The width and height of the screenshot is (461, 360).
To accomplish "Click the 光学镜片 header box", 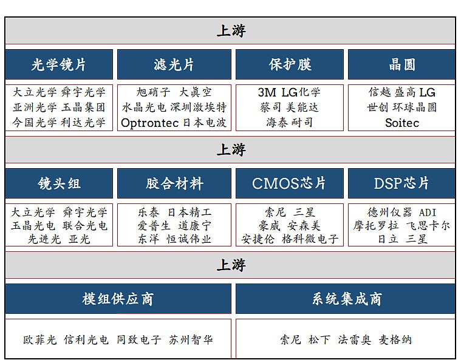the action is pyautogui.click(x=59, y=64).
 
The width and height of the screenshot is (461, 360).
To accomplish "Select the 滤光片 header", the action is pyautogui.click(x=174, y=64).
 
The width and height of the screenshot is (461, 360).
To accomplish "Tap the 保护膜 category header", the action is pyautogui.click(x=290, y=64).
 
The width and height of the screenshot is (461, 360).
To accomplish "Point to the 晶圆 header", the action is pyautogui.click(x=401, y=64).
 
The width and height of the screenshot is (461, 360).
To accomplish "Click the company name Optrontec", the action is pyautogui.click(x=149, y=123).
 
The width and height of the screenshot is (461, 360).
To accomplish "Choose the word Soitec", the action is pyautogui.click(x=402, y=123).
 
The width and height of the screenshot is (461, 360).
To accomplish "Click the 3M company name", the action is pyautogui.click(x=267, y=92).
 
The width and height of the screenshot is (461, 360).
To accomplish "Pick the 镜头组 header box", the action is pyautogui.click(x=59, y=183).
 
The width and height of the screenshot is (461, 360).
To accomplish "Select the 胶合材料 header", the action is pyautogui.click(x=174, y=183).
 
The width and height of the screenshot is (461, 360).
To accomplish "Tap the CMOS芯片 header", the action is pyautogui.click(x=290, y=183).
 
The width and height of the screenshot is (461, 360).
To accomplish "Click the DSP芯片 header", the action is pyautogui.click(x=401, y=183).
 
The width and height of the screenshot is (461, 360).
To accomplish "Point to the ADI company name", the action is pyautogui.click(x=428, y=212).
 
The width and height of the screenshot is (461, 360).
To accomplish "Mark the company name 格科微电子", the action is pyautogui.click(x=310, y=239).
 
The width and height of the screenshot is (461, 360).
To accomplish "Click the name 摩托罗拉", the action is pyautogui.click(x=376, y=226).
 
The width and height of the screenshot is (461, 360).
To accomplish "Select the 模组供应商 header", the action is pyautogui.click(x=118, y=299).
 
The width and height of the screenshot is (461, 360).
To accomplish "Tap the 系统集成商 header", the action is pyautogui.click(x=346, y=299).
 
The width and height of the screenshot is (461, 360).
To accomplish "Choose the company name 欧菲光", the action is pyautogui.click(x=40, y=340).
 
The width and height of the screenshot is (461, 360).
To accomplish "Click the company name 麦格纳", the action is pyautogui.click(x=395, y=340).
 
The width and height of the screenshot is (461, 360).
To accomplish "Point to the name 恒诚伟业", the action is pyautogui.click(x=189, y=239).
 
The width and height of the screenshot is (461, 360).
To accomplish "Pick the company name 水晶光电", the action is pyautogui.click(x=144, y=107).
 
